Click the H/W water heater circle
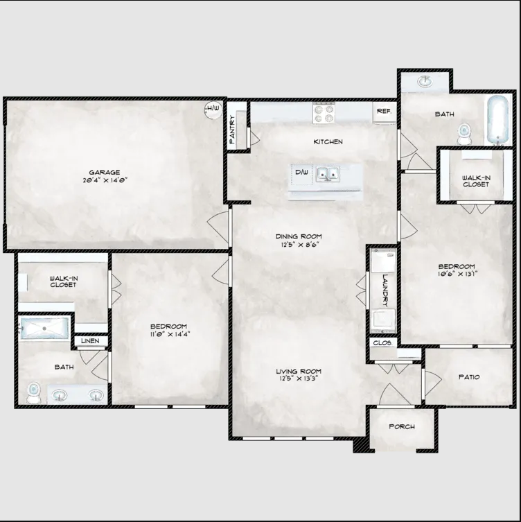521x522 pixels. point(213,110)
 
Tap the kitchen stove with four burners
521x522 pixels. point(324,113)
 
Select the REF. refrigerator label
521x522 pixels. point(384,111)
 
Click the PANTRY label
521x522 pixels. point(232,129)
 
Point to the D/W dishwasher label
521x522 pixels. point(301,173)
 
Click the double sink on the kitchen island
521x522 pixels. point(328,174)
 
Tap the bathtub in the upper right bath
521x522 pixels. point(497,120)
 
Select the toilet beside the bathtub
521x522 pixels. point(463,134)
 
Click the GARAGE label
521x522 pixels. point(105,172)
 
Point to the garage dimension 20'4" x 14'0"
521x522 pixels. point(105,180)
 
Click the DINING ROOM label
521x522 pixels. point(299,236)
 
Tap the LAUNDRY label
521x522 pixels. point(385,290)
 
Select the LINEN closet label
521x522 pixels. point(90,341)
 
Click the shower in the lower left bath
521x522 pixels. point(44,328)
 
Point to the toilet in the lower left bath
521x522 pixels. point(33,392)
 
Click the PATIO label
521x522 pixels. point(469,377)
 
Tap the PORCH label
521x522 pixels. point(402,426)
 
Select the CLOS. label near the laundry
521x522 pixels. point(382,342)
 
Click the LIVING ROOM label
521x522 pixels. point(299,371)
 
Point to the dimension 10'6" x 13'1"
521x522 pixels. point(457,274)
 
